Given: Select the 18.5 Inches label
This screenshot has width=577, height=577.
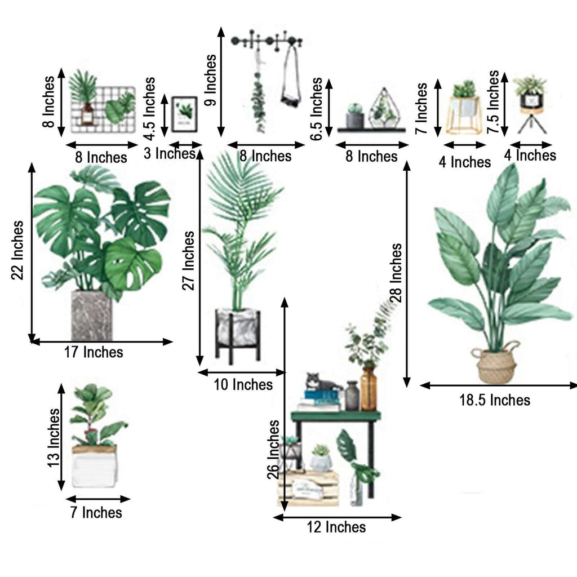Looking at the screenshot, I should pyautogui.click(x=495, y=400).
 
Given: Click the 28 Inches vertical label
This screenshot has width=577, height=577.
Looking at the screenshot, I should pyautogui.click(x=397, y=273).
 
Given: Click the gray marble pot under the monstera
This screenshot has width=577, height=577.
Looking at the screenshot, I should pyautogui.click(x=91, y=316).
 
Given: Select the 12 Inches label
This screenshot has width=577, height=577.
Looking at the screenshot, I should pyautogui.click(x=336, y=527).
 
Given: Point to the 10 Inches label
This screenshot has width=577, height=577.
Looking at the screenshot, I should pyautogui.click(x=243, y=385).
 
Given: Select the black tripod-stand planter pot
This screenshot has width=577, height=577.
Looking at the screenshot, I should pyautogui.click(x=530, y=100).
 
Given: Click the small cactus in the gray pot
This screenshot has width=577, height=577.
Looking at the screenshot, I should pyautogui.click(x=354, y=116).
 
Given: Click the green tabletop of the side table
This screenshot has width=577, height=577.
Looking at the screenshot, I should pyautogui.click(x=336, y=416).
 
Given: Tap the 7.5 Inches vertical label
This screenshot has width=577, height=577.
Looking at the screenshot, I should pyautogui.click(x=494, y=101).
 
